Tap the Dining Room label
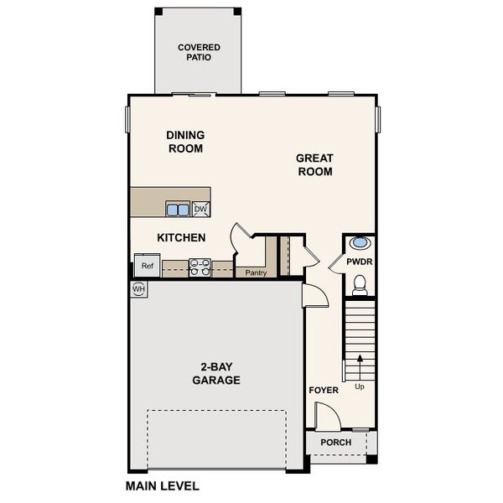[185, 142]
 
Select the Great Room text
[314, 165]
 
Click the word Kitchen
[182, 238]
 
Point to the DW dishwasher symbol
[201, 209]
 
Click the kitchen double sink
[177, 209]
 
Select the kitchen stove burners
[200, 267]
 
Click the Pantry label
[255, 272]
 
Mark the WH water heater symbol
[138, 289]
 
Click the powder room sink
[360, 243]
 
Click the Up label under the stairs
[360, 386]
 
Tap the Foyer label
[323, 390]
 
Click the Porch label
[336, 443]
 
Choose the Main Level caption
[163, 485]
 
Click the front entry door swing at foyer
[324, 415]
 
